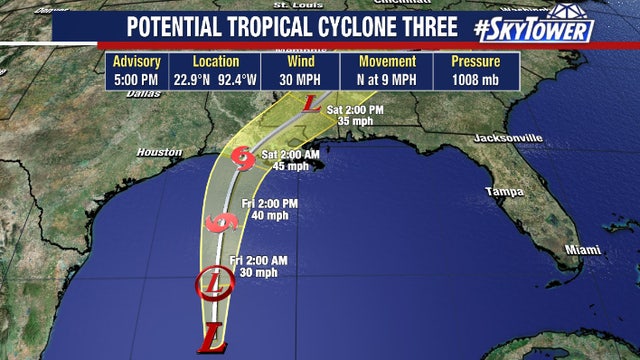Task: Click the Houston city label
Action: [x=157, y=153]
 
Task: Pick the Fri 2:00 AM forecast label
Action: [x=258, y=260]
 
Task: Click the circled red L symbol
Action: [x=214, y=283]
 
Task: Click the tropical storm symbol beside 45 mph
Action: [x=241, y=157]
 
